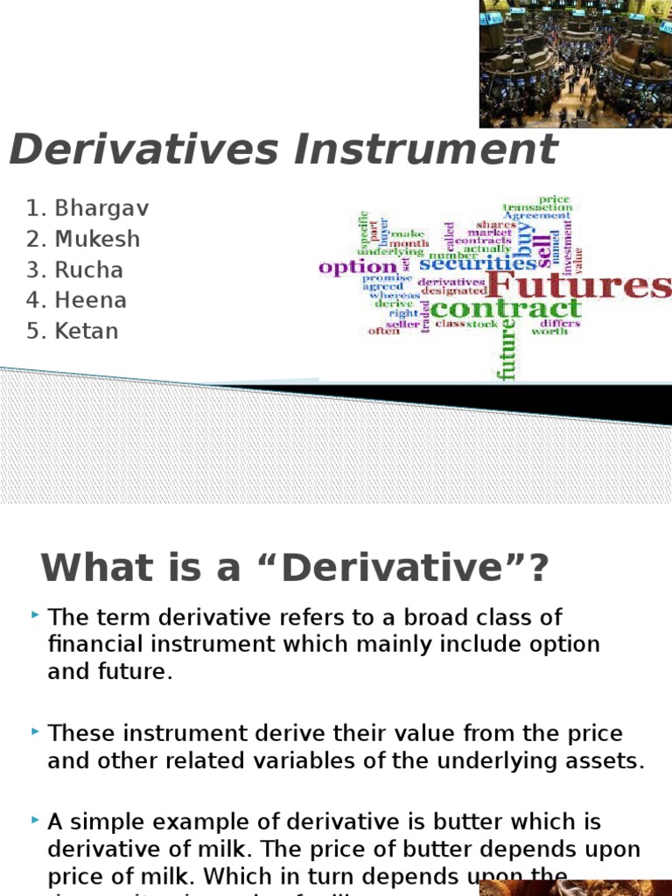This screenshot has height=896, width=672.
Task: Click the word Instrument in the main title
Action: (425, 150)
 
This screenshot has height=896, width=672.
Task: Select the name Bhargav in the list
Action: (101, 208)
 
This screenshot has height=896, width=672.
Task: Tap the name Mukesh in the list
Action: (97, 239)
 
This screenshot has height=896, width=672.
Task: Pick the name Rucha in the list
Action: (89, 269)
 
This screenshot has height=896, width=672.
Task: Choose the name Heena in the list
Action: (91, 300)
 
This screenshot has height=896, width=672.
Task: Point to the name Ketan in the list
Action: (87, 331)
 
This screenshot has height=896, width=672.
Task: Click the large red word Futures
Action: (578, 286)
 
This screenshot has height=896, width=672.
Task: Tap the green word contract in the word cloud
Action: (506, 308)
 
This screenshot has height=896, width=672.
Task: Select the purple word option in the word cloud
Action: (358, 266)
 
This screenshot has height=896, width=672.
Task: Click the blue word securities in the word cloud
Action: (478, 262)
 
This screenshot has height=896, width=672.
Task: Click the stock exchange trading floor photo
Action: (576, 63)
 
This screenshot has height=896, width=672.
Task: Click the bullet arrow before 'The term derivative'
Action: (34, 617)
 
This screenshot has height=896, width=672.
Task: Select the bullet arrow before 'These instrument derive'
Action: (34, 731)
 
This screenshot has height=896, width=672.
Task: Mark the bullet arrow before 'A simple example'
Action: (34, 821)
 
